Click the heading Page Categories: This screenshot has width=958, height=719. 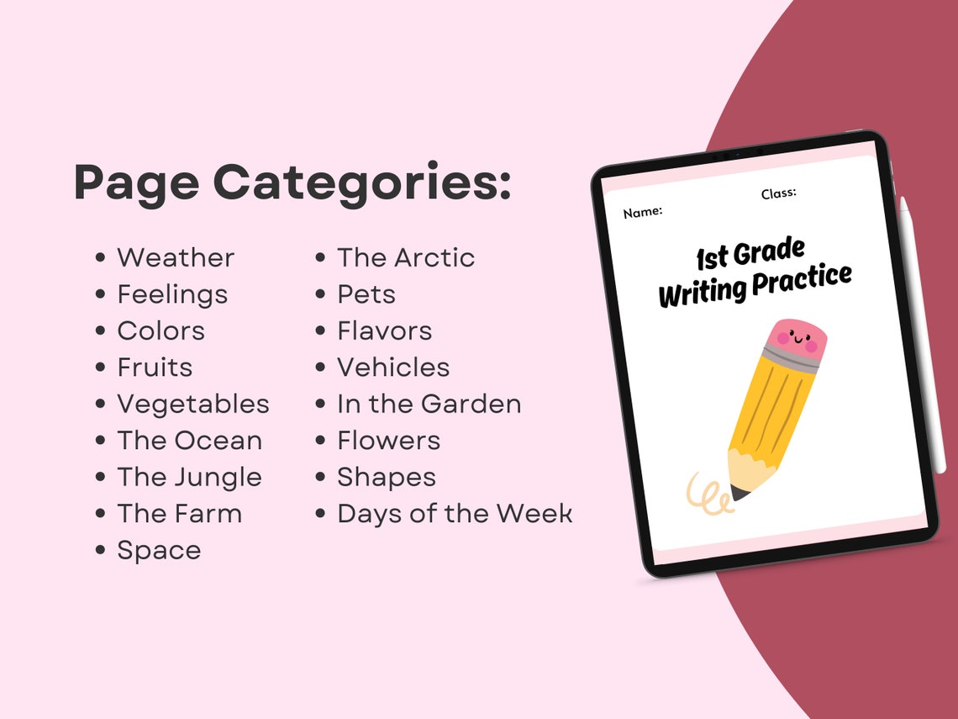click(x=292, y=182)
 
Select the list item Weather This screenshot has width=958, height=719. click(x=176, y=257)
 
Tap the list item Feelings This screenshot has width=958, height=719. click(x=172, y=294)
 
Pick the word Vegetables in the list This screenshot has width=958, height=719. click(x=193, y=404)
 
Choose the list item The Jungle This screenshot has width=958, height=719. click(x=189, y=477)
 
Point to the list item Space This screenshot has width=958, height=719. click(x=159, y=550)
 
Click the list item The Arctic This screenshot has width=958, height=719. click(x=406, y=257)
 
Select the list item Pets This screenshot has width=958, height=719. click(x=366, y=294)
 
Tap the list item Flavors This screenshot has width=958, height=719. click(x=385, y=330)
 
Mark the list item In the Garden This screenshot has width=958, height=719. click(x=429, y=404)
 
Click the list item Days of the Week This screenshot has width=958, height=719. click(x=455, y=513)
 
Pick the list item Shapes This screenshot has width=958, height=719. click(x=387, y=477)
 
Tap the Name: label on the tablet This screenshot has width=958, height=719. click(x=643, y=212)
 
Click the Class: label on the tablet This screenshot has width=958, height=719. click(x=779, y=193)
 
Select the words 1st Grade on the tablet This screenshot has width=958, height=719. click(x=750, y=252)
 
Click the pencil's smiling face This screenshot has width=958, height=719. click(x=796, y=341)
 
